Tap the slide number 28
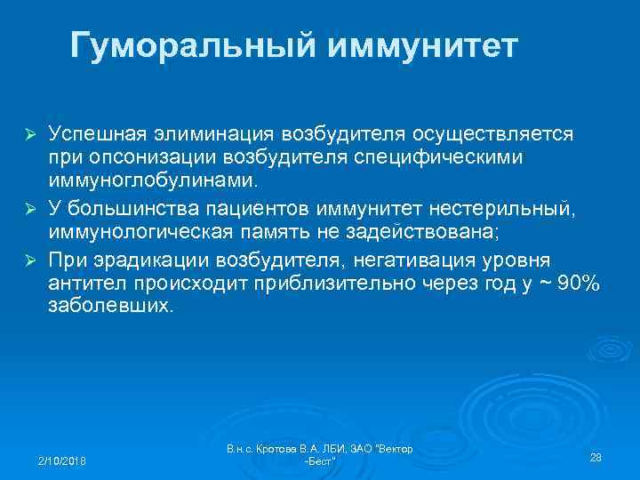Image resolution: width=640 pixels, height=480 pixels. (x=596, y=456)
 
